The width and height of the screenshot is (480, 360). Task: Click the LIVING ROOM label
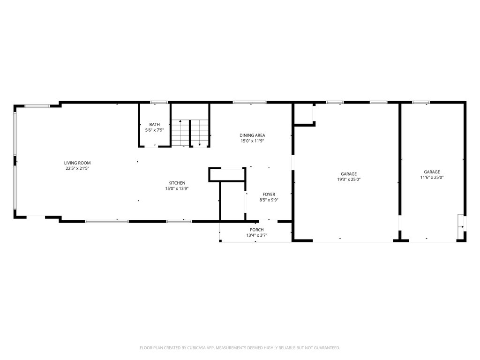tap(77, 163)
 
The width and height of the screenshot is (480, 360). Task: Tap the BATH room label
tap(155, 125)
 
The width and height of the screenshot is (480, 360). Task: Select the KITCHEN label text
tap(177, 183)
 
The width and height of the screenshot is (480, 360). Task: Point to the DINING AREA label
tap(252, 135)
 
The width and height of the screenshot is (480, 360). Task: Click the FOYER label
tap(269, 195)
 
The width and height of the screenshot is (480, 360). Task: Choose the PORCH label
tap(256, 230)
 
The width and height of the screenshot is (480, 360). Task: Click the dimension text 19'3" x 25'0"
tap(349, 180)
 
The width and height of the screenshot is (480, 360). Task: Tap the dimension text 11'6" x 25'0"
tap(432, 177)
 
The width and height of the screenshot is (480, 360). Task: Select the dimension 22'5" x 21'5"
tap(77, 168)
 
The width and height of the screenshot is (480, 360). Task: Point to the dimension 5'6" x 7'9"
tap(155, 130)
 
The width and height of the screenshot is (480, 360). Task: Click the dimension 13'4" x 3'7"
tap(256, 235)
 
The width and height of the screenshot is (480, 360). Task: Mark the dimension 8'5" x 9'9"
tap(269, 200)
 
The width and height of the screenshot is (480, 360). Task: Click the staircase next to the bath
tap(190, 133)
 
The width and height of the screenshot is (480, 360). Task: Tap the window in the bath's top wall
tap(159, 102)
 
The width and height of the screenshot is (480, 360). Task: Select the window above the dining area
tap(250, 102)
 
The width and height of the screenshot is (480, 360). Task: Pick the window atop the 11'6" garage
tap(420, 102)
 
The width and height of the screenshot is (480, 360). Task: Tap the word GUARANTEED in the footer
tap(329, 348)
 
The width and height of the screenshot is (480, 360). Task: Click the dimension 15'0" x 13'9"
tap(177, 188)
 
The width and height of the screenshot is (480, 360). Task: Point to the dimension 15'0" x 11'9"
tap(252, 141)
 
